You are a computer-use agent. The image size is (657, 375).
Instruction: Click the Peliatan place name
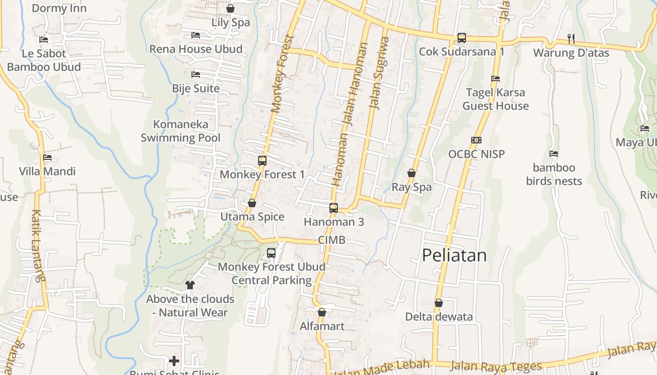454,255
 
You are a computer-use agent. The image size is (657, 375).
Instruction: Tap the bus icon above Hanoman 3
334,208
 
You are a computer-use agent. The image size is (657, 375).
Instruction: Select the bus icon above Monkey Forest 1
262,161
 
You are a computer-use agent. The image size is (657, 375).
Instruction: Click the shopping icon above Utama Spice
252,203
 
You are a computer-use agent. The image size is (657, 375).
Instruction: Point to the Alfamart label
322,326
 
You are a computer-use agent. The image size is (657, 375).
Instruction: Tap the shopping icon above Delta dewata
439,303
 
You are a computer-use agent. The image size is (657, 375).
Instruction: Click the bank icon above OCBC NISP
476,140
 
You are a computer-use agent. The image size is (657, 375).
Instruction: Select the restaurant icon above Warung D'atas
571,38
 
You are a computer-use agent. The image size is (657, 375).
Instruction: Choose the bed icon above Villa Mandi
47,157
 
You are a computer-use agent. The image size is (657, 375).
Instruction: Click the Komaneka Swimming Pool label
181,131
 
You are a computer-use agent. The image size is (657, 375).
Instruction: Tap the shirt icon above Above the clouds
190,285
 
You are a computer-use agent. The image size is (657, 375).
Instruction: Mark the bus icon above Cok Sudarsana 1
462,38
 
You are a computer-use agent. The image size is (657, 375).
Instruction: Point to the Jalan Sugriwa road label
380,73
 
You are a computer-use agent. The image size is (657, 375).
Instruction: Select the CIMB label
331,240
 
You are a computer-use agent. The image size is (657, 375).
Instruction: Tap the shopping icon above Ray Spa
412,173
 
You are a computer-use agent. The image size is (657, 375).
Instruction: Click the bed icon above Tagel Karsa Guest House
496,78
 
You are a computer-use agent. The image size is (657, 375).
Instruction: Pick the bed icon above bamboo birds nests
554,153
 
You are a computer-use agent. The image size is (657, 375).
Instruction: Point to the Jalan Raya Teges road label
496,366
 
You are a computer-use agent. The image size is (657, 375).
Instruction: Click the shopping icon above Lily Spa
230,8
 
